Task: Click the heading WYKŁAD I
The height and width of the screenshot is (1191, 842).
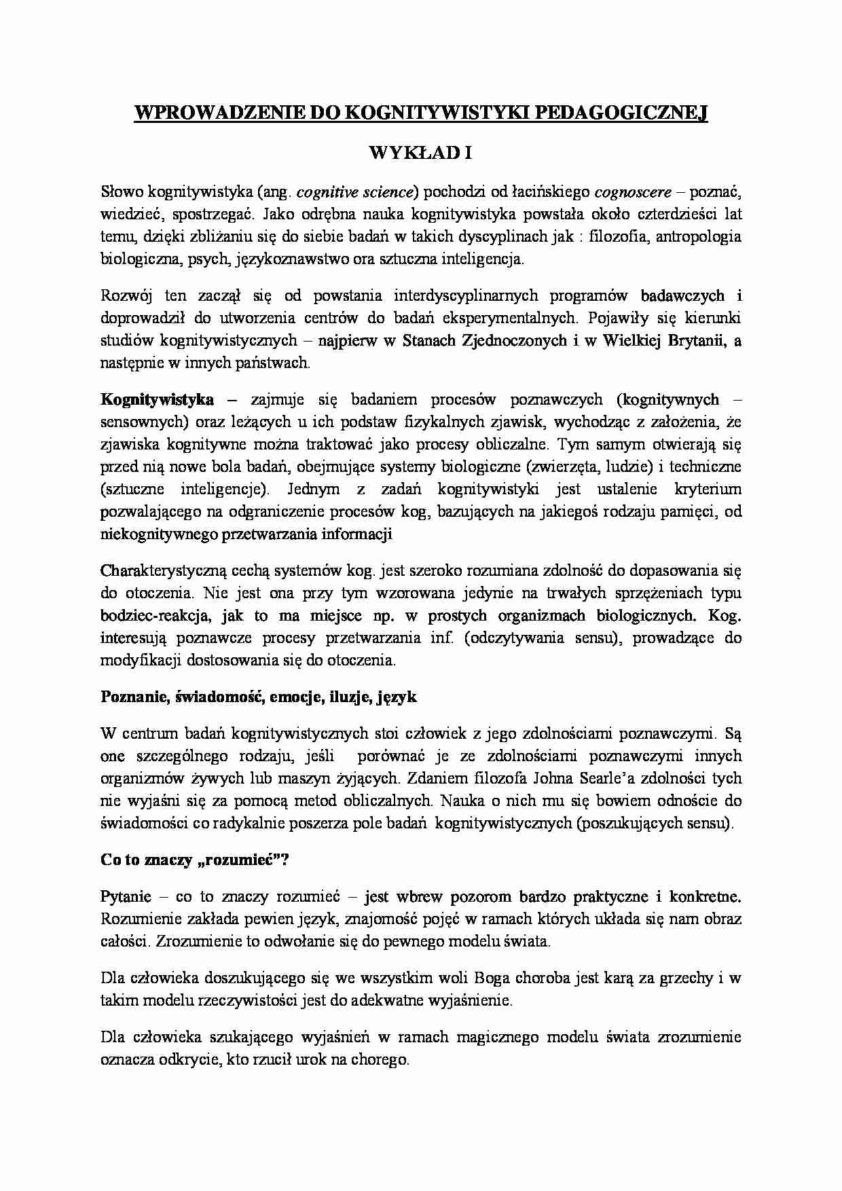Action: point(420,153)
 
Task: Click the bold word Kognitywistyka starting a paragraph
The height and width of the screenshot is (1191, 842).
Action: point(157,399)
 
